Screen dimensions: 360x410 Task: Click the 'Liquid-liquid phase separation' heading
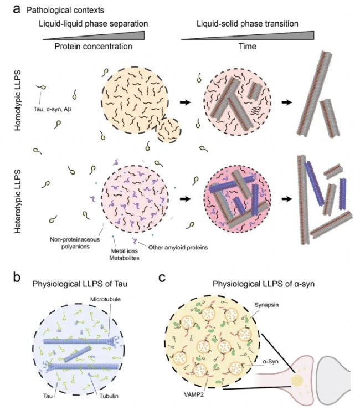click(94, 24)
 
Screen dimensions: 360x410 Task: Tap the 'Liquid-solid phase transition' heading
click(248, 24)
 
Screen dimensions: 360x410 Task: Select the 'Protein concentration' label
click(94, 47)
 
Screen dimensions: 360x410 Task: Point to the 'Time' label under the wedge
click(248, 47)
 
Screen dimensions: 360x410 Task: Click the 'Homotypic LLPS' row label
click(18, 100)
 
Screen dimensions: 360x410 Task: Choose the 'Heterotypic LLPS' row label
click(18, 201)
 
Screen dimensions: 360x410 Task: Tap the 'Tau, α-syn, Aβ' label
click(53, 109)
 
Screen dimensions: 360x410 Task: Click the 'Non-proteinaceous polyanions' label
click(75, 243)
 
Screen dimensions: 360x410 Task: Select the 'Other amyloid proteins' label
click(178, 247)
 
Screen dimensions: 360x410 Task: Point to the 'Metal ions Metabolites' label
click(124, 254)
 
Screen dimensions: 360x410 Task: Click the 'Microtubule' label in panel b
click(105, 299)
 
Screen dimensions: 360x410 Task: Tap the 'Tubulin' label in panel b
click(109, 396)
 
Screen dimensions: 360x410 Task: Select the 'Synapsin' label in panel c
click(266, 305)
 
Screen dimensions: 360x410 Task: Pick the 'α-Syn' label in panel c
click(270, 362)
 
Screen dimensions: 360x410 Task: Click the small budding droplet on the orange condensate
click(168, 130)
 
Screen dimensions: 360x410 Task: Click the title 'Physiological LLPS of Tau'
click(80, 284)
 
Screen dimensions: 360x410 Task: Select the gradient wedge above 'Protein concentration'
click(94, 35)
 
